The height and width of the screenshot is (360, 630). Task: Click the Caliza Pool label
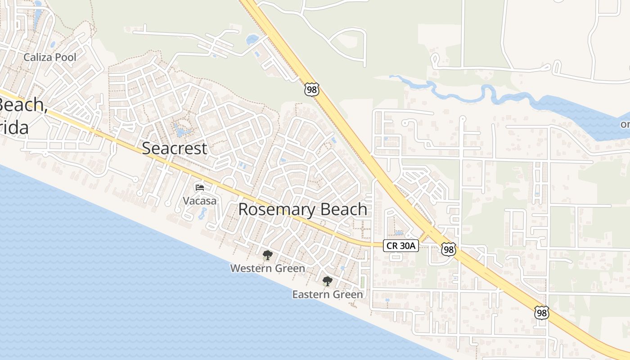coord(49,58)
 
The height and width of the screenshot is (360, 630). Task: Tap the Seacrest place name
coord(175,148)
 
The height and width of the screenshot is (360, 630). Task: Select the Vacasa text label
coord(199,201)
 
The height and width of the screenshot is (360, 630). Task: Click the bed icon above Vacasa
coord(199,187)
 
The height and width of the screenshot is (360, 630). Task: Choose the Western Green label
coord(267,269)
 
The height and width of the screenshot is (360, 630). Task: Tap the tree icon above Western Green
coord(267,256)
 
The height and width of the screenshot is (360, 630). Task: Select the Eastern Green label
coord(327,295)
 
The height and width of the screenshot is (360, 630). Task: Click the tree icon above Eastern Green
coord(327,282)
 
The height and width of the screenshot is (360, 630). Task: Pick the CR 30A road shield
coord(401,246)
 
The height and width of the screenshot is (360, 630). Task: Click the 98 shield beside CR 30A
coord(448,249)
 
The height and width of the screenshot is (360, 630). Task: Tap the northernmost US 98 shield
coord(311,89)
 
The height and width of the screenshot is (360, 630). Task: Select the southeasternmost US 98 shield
coord(541,312)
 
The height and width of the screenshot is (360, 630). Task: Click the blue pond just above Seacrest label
coord(183,132)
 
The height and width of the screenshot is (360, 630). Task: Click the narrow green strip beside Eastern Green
coord(363,282)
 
